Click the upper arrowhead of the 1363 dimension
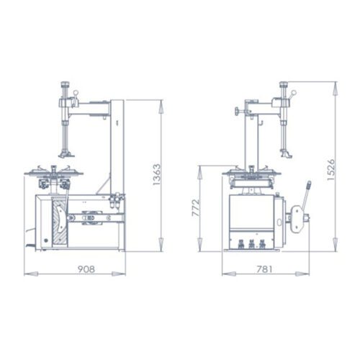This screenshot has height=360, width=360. pyautogui.click(x=158, y=101)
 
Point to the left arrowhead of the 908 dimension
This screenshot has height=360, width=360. pyautogui.click(x=27, y=274)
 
